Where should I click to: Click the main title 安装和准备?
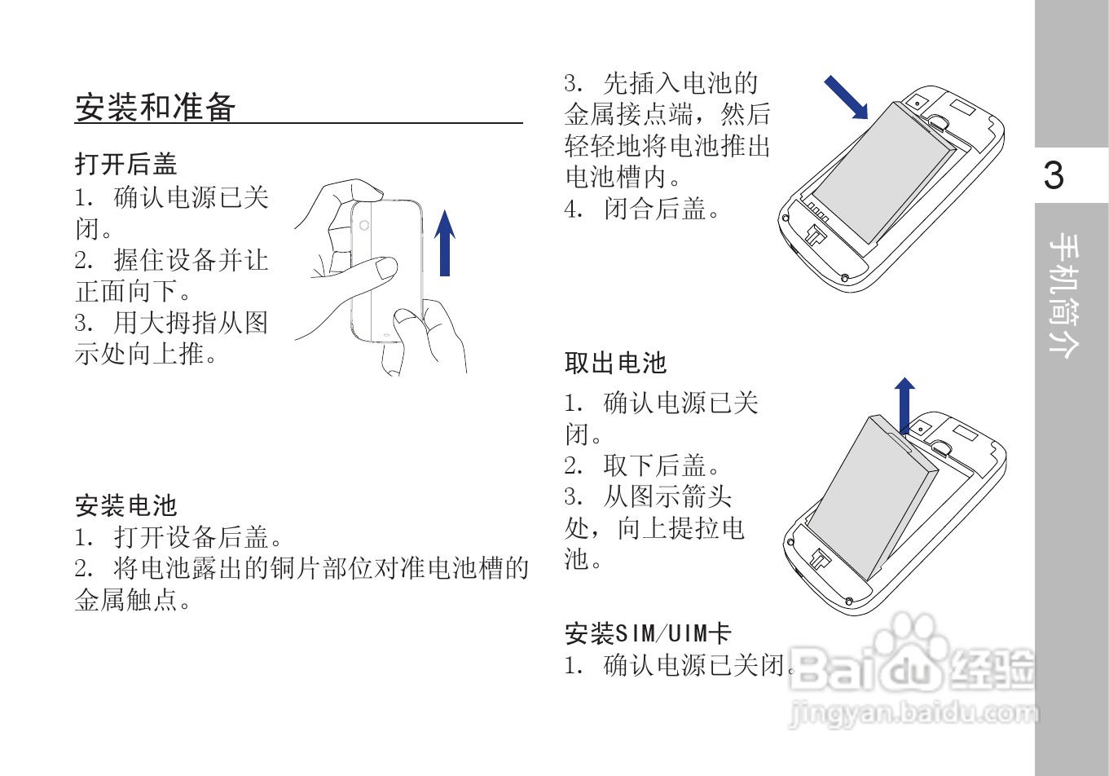coord(156,107)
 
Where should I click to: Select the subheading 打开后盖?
coord(125,164)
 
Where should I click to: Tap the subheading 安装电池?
coord(125,505)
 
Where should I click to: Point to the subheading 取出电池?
coord(615,363)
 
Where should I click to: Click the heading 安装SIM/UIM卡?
coord(648,633)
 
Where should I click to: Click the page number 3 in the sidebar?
coord(1054,175)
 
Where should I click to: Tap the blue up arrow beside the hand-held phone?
coord(444,243)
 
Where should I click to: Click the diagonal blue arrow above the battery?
coord(846,97)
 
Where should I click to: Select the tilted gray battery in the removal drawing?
coord(876,493)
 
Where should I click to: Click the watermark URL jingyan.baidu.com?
coord(913,714)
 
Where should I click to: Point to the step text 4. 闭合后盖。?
coord(643,209)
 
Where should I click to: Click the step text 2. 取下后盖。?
coord(643,465)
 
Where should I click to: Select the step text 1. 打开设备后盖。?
coord(179,537)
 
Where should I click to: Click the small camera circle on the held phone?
coord(364,226)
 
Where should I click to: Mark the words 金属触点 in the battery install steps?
coord(126,601)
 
